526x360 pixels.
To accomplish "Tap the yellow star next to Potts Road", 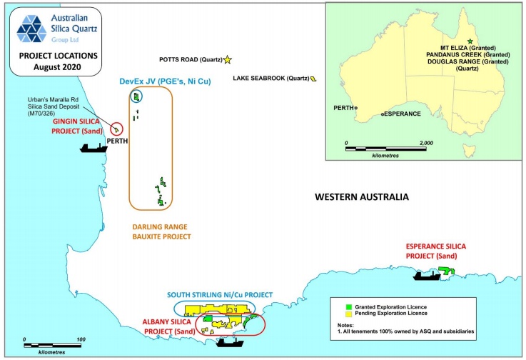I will (228, 60).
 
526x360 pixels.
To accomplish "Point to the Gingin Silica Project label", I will (81, 126).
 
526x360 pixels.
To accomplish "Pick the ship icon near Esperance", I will (427, 274).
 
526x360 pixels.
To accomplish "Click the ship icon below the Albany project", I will (229, 341).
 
